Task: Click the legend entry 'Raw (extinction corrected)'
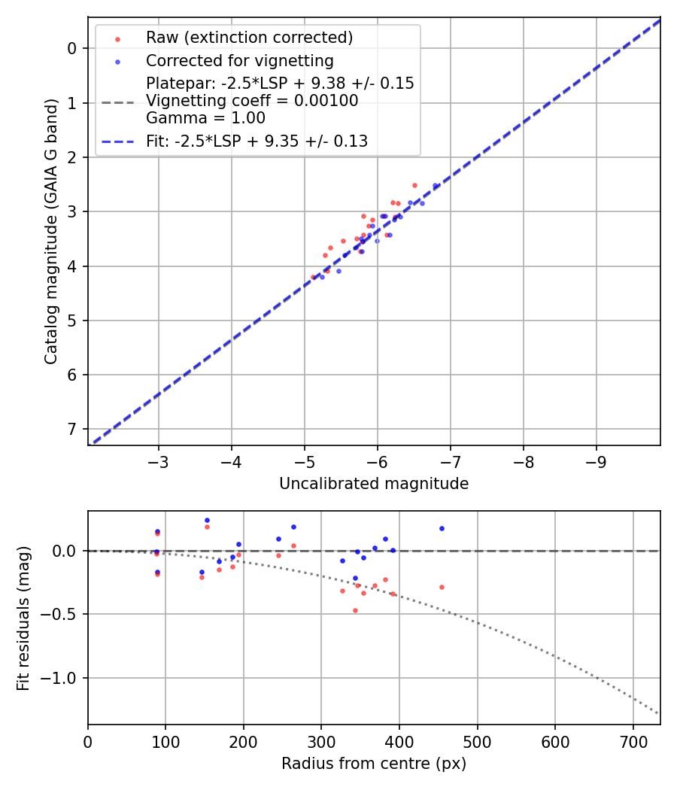pos(249,38)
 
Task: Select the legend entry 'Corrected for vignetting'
pos(239,61)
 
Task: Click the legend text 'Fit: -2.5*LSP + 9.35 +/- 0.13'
pos(257,141)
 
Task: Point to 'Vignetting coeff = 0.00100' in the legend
pos(252,101)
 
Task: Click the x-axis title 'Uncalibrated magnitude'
pos(374,484)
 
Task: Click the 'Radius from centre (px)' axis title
pos(374,764)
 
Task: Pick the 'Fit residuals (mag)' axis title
pos(23,618)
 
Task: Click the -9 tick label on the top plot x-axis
pos(597,461)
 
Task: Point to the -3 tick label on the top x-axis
pos(158,461)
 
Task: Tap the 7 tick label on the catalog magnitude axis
pos(73,429)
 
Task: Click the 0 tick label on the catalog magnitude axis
pos(73,48)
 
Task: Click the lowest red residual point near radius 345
pos(355,610)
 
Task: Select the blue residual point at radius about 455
pos(442,528)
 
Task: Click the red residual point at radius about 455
pos(442,587)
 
